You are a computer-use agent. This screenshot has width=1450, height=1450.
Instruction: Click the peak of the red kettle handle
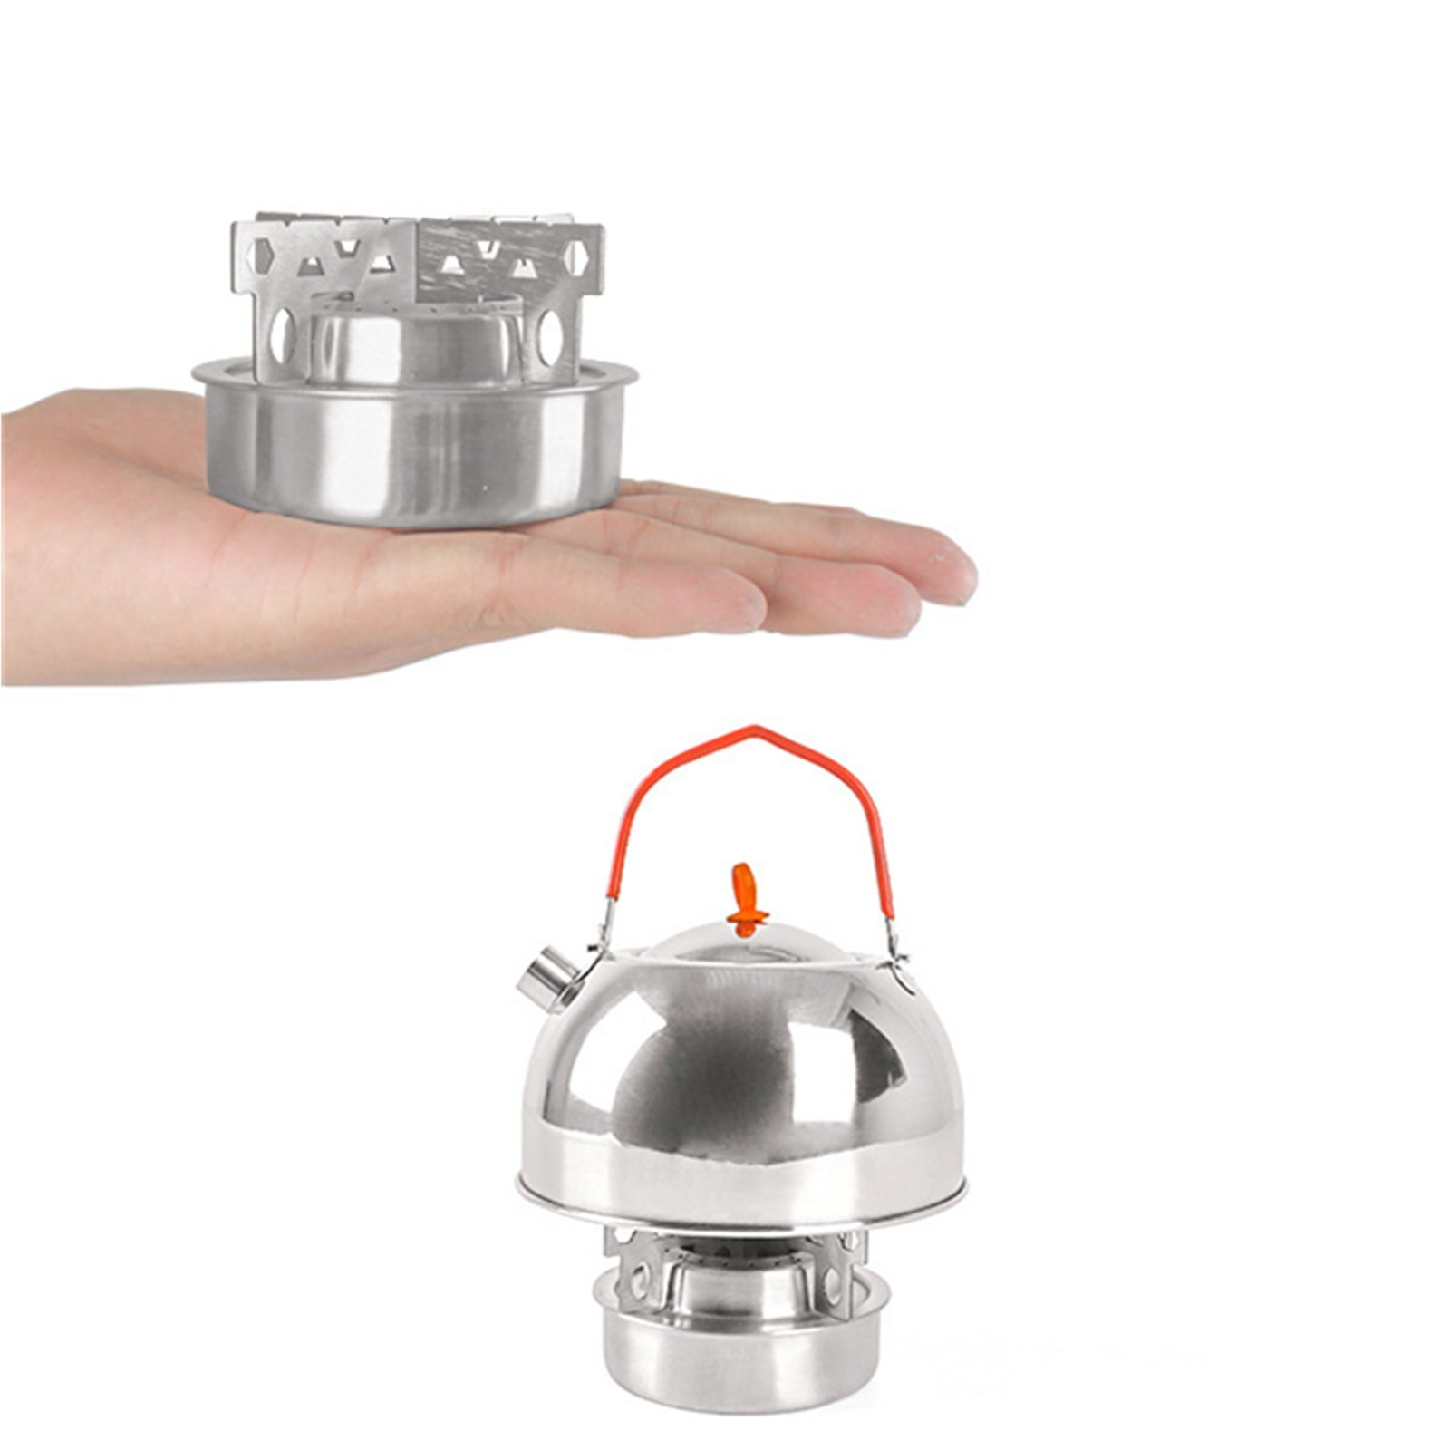749,730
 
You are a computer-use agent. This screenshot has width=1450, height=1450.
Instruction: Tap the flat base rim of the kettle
725,1196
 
